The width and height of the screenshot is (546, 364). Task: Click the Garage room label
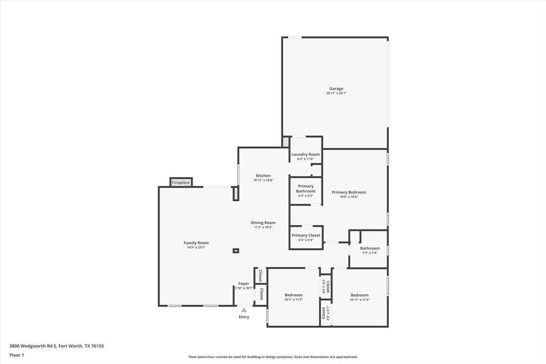tap(336, 89)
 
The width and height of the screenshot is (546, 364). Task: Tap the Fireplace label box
tap(181, 183)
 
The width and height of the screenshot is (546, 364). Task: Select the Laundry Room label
tap(306, 154)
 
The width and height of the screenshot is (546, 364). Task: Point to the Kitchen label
tap(263, 176)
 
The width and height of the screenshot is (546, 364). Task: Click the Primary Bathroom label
tap(306, 188)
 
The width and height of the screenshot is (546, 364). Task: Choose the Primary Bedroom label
tap(349, 192)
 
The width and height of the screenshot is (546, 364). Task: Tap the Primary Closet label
tap(306, 235)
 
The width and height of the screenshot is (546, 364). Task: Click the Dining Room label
tap(263, 223)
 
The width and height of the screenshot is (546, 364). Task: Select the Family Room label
tap(196, 243)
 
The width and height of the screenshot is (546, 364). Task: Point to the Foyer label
tap(244, 283)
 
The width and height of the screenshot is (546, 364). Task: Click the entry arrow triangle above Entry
tap(244, 310)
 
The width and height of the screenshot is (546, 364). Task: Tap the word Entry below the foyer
tap(244, 317)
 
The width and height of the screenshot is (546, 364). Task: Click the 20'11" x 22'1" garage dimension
tap(336, 93)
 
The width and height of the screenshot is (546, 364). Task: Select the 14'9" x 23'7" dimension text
tap(196, 248)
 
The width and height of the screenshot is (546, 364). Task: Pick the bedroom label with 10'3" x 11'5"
tap(293, 295)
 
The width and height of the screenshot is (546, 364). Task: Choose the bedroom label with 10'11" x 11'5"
tap(359, 295)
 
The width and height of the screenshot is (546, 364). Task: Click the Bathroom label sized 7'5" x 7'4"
tap(370, 248)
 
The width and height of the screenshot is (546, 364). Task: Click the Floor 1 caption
tap(17, 354)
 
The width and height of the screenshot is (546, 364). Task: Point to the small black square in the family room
tap(236, 251)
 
